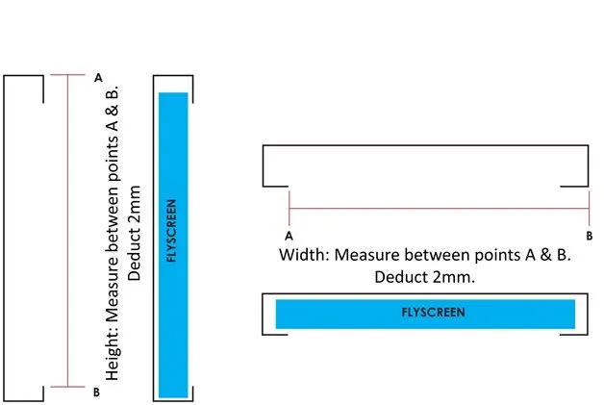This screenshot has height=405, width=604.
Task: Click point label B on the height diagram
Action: point(96,392)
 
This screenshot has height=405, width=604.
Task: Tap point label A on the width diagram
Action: point(289,234)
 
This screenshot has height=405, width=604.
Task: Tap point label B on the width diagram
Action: point(589,234)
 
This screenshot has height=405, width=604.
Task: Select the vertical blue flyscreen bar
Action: point(173,244)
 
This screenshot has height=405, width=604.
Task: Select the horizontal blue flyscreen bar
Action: point(425,314)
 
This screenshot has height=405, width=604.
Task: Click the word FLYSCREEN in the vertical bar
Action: point(172,231)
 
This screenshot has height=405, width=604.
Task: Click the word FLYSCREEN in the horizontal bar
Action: point(433,313)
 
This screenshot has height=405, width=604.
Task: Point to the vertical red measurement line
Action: point(67,231)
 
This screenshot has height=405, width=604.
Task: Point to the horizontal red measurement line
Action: point(439,208)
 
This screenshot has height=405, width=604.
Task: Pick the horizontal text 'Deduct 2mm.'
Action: point(425,277)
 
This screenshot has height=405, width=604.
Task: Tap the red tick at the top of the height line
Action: point(67,75)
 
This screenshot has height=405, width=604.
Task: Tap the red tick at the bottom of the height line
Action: point(67,387)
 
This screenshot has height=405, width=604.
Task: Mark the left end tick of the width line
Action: point(289,208)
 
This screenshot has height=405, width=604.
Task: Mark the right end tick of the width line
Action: point(589,208)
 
